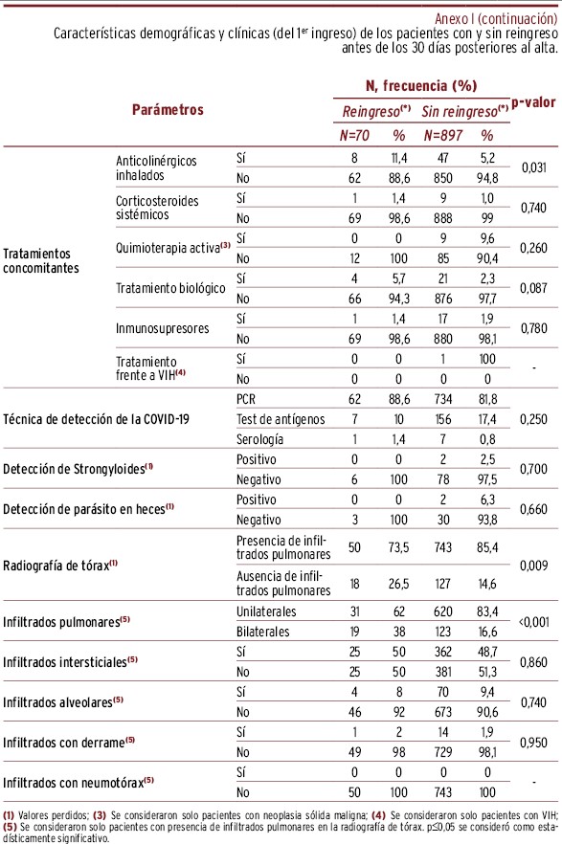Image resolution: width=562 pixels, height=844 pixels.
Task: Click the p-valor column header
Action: point(533,102)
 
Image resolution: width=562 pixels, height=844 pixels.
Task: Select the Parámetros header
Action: point(168,110)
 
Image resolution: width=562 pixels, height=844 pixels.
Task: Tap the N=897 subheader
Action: point(442,135)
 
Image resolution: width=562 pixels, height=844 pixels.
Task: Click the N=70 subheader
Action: point(354,135)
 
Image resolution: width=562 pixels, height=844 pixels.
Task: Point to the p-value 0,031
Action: point(533,167)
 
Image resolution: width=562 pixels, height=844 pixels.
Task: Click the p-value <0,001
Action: point(533,622)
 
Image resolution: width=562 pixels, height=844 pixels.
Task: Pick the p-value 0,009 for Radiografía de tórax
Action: point(533,566)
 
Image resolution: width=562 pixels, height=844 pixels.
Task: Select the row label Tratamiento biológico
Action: point(170,288)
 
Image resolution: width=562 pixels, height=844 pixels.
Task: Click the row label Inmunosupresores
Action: point(162,328)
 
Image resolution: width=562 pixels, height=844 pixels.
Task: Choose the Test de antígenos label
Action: point(281,419)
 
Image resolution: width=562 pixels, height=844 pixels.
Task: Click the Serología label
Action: point(259,439)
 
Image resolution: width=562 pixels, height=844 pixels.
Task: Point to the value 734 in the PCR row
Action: point(443,399)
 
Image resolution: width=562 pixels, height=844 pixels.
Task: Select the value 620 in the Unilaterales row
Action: point(443,611)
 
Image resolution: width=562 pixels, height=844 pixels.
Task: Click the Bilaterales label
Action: point(262,632)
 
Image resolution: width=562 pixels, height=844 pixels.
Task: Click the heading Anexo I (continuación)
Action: point(496,19)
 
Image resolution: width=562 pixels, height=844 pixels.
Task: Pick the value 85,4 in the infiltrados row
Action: point(487,547)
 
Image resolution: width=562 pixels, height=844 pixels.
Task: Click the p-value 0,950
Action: point(533,743)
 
